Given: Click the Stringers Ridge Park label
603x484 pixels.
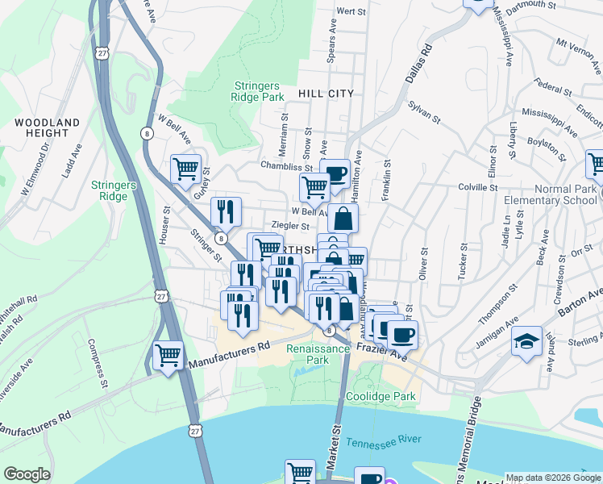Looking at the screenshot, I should click(x=259, y=91).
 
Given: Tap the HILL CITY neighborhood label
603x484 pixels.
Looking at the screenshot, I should click(x=326, y=94).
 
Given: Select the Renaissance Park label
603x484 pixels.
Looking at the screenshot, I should click(x=319, y=355).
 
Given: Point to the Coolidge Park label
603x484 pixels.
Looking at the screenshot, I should click(x=381, y=396).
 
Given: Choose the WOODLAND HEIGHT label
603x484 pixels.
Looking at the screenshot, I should click(x=48, y=127).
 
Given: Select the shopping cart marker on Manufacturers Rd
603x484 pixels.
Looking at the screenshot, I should click(x=168, y=356).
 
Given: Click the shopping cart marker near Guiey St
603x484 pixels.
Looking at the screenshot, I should click(x=185, y=169).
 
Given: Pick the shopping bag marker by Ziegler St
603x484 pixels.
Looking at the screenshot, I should click(x=343, y=217).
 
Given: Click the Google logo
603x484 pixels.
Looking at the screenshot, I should click(x=27, y=474).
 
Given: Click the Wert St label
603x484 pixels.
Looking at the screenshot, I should click(x=351, y=11).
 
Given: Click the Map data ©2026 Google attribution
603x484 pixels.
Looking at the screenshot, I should click(x=553, y=478).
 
